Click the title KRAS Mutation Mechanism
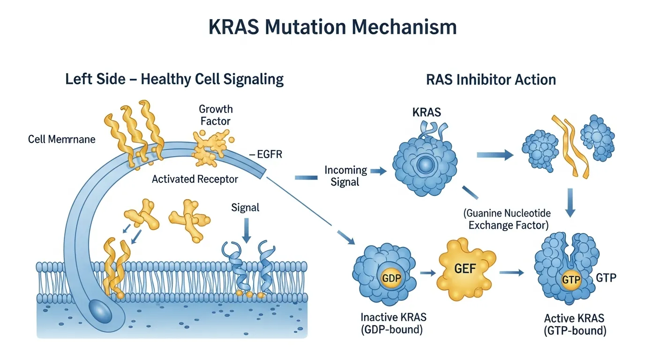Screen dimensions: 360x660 [x=332, y=28]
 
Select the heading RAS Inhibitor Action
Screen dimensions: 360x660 [x=491, y=79]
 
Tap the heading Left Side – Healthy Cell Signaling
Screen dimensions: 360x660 [x=174, y=79]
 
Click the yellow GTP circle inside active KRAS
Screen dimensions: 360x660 [x=570, y=280]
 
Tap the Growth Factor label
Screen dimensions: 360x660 [x=216, y=115]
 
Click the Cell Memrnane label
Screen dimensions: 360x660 [x=61, y=139]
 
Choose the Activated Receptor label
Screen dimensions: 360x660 [x=195, y=179]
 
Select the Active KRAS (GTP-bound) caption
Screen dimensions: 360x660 [x=574, y=324]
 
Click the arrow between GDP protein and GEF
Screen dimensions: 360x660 [x=426, y=272]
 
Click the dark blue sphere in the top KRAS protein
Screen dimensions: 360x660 [x=426, y=165]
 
